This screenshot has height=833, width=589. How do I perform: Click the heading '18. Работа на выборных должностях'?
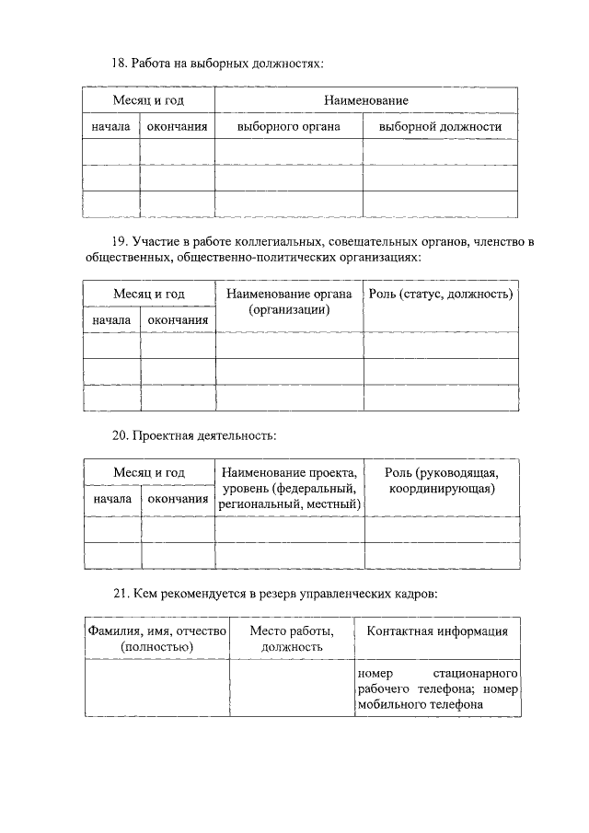(217, 64)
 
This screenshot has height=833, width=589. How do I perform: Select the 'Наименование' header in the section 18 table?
(365, 99)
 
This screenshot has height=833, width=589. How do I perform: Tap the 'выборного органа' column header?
(288, 126)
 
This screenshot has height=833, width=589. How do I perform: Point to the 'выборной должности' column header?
(440, 126)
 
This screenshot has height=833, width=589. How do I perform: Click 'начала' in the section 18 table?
(110, 126)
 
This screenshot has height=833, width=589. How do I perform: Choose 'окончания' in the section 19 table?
(178, 319)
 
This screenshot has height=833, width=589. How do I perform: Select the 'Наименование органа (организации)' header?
(289, 302)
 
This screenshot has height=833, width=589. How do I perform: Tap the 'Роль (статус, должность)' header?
(440, 294)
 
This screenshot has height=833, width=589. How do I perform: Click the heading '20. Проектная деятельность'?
(193, 434)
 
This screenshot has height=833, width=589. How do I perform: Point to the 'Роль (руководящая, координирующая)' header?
(442, 480)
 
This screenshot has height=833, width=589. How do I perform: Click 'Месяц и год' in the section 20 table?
(149, 472)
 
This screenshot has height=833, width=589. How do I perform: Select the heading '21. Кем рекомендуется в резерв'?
(273, 595)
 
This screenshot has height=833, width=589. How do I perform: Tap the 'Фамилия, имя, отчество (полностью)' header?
(156, 639)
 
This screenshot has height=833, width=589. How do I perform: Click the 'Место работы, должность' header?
(291, 639)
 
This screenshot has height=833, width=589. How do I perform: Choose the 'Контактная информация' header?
(437, 631)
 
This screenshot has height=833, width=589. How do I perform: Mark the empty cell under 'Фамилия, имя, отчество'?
(156, 688)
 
